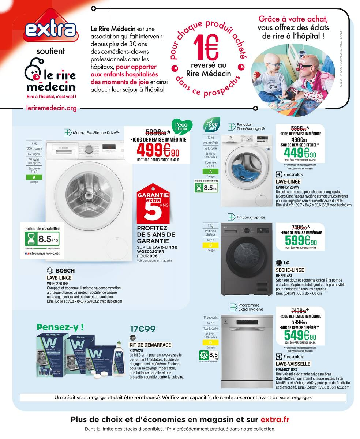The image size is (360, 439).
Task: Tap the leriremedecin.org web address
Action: (x=51, y=108)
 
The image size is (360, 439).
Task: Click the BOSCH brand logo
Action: (x=61, y=270)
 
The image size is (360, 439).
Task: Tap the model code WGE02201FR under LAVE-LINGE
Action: (x=57, y=283)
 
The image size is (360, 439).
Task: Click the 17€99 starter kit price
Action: (x=143, y=329)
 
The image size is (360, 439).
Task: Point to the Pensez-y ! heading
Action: (x=60, y=327)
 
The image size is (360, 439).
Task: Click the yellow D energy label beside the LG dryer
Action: (x=210, y=245)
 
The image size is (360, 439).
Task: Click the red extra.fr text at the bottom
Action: (x=275, y=420)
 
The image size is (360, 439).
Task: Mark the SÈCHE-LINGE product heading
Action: (x=290, y=270)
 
